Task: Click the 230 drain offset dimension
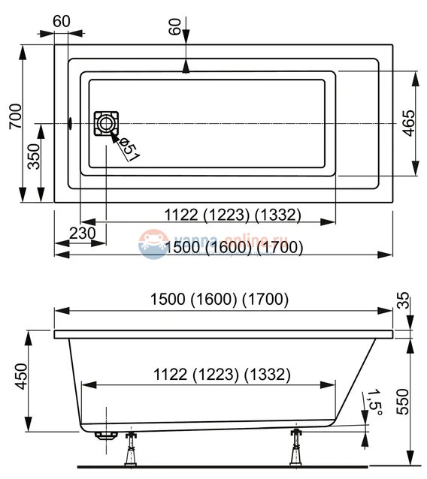point(82,233)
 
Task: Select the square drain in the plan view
point(106,123)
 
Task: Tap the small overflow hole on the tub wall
point(70,123)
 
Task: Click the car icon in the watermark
point(153,245)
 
